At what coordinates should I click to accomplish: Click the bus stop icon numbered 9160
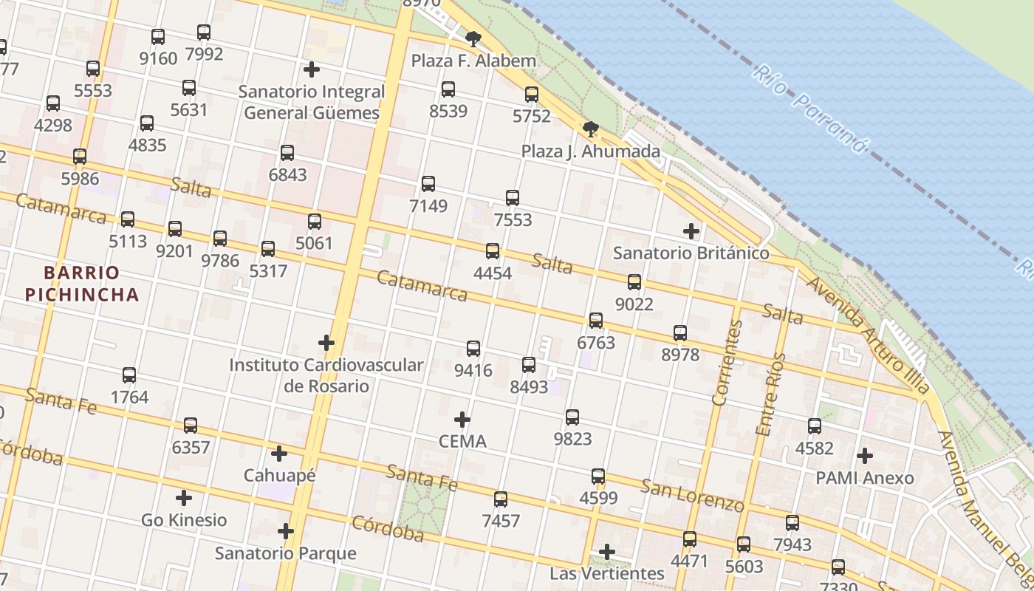point(158,37)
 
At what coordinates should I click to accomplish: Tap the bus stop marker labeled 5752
point(532,95)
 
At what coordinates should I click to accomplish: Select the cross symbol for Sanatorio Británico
point(691,232)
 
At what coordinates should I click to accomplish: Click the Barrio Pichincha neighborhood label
point(82,284)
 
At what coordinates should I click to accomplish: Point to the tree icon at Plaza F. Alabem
point(473,38)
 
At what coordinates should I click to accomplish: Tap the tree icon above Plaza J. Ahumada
point(590,130)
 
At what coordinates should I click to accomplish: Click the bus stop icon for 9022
point(634,282)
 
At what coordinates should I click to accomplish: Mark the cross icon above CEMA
point(462,420)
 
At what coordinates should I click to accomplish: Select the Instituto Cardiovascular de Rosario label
point(326,375)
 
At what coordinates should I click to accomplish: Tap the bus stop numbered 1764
point(129,375)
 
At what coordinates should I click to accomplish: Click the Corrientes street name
point(727,363)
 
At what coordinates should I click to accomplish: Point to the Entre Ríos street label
point(770,394)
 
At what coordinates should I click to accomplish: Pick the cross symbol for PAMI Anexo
point(864,456)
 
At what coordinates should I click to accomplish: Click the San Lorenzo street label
point(692,495)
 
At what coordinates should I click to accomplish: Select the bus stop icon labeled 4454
point(493,251)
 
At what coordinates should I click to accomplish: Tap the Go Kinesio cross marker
point(184,499)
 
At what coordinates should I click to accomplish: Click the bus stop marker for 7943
point(792,523)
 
